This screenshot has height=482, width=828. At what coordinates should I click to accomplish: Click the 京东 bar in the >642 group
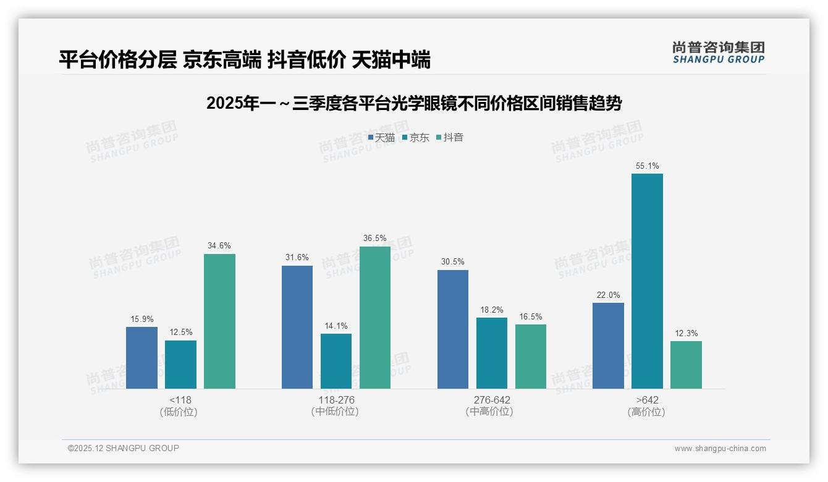(647, 281)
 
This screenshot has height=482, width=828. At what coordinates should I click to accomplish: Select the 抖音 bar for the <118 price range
(219, 321)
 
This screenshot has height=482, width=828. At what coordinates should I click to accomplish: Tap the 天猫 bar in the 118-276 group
(297, 328)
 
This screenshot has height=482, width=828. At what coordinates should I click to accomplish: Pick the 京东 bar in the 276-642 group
(492, 353)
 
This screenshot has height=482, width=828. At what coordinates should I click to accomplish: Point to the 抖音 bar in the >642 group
(686, 365)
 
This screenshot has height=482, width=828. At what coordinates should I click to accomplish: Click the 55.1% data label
(647, 166)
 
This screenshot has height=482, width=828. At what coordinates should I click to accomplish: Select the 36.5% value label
(375, 239)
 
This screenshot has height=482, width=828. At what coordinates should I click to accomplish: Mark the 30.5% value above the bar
(453, 262)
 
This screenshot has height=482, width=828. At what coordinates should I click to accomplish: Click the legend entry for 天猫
(382, 138)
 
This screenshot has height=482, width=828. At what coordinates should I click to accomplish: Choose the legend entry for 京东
(416, 138)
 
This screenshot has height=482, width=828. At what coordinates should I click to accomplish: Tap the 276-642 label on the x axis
(492, 400)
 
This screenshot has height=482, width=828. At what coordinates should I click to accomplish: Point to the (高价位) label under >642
(647, 412)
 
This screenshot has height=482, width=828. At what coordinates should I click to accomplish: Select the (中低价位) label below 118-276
(336, 412)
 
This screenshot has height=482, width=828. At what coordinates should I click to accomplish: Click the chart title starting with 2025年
(414, 104)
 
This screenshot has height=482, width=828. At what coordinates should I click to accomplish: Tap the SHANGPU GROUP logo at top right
(718, 53)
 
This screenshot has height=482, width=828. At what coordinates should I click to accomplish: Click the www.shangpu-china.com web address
(720, 449)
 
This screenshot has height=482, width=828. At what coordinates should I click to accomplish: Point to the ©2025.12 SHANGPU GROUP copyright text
(124, 449)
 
